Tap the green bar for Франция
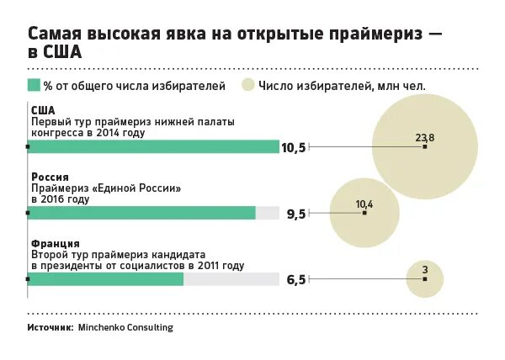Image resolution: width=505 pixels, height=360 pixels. point(105,279)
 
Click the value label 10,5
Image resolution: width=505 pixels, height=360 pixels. point(293,148)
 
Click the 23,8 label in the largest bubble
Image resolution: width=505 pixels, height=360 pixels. point(425,136)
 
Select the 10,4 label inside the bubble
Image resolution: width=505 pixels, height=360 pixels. point(364,204)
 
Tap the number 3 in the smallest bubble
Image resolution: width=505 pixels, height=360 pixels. point(425,269)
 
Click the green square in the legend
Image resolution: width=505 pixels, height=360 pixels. point(34,84)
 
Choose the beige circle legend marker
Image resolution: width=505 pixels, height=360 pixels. point(247,84)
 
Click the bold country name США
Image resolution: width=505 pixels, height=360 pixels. point(43,110)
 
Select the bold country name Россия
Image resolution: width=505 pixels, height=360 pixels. point(50,177)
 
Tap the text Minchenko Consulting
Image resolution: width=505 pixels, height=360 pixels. point(125,327)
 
